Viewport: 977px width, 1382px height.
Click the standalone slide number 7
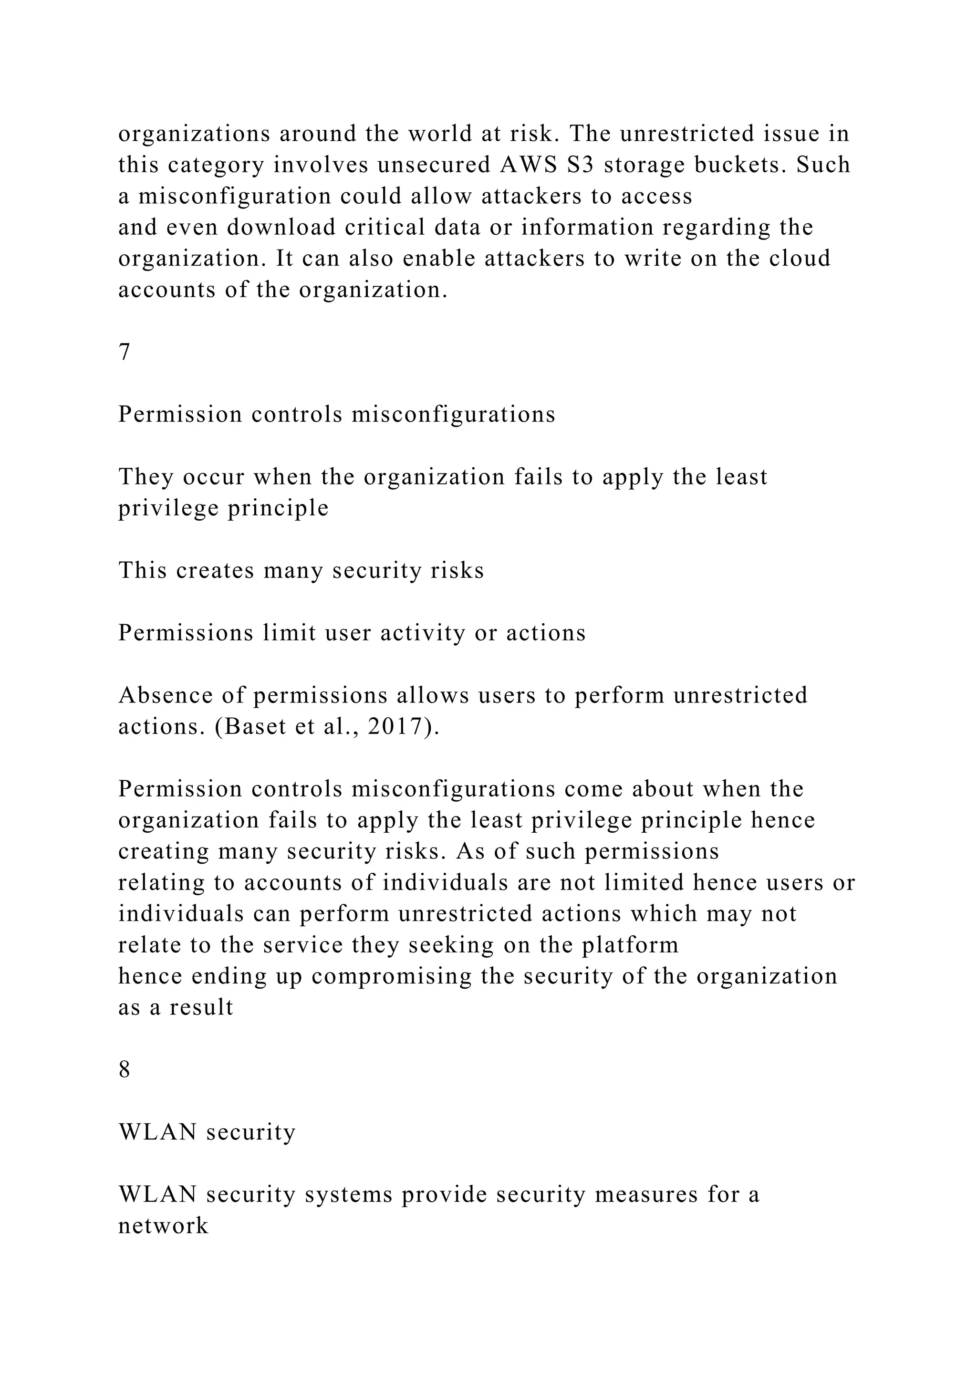(125, 352)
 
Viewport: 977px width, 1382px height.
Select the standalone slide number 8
(125, 1069)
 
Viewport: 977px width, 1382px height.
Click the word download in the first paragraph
(281, 228)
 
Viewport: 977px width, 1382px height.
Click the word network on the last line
(164, 1226)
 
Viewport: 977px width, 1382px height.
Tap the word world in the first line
(440, 134)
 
